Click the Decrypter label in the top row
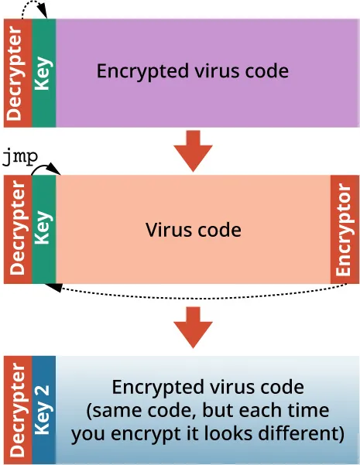(x=17, y=72)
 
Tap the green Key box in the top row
(x=43, y=72)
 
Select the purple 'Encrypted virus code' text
(x=192, y=71)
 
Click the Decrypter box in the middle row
(x=17, y=229)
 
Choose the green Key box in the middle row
(x=43, y=229)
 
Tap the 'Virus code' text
(x=193, y=230)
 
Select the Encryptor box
(x=345, y=229)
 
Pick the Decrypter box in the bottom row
(x=17, y=410)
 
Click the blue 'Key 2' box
(x=43, y=410)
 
